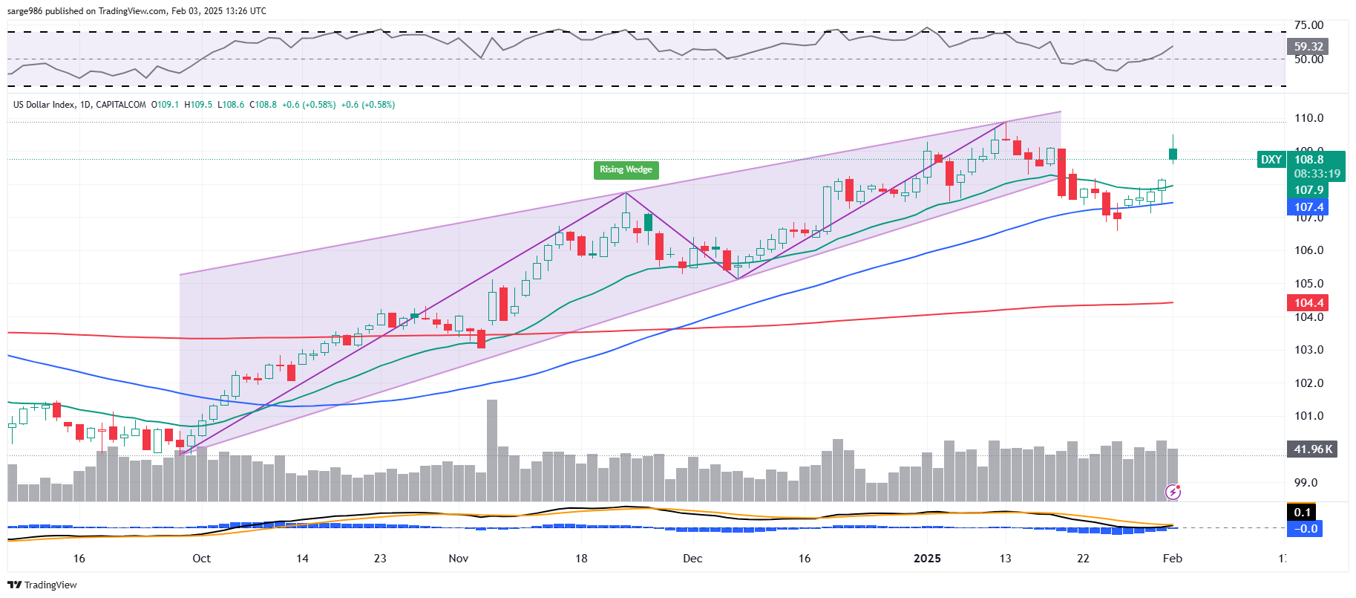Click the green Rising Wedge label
[626, 170]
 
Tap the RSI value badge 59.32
[1308, 46]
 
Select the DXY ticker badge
[1271, 160]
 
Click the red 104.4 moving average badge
[1308, 302]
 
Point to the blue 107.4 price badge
[1308, 207]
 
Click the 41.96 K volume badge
[1312, 449]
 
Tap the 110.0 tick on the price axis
[1308, 118]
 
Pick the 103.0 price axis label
[1308, 350]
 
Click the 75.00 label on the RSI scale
[1308, 25]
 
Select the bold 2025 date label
[927, 559]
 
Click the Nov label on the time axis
[459, 559]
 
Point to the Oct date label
[201, 559]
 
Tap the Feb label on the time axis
[1172, 559]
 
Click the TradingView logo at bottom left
[42, 585]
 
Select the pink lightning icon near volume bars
[1173, 492]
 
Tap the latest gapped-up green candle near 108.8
[1173, 154]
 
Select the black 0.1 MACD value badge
[1303, 512]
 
